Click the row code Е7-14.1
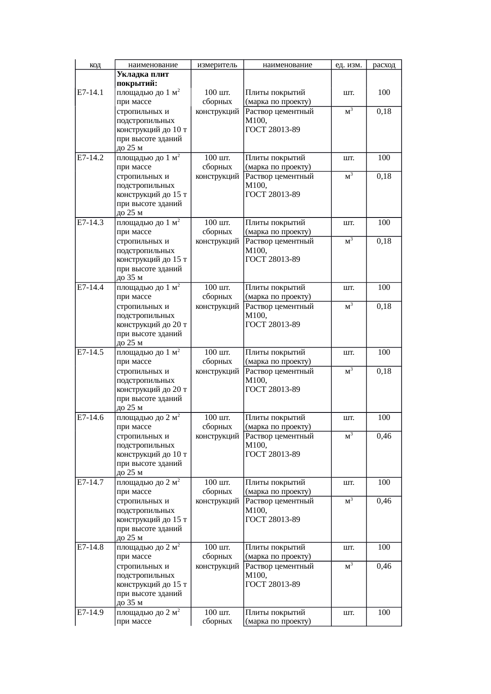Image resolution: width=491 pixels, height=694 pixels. [90, 93]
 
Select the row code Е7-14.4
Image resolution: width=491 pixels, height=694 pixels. [90, 287]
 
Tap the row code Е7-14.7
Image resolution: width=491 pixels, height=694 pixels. [90, 482]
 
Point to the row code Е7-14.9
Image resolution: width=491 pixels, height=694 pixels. [90, 613]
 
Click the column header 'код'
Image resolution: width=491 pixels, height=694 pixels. [95, 65]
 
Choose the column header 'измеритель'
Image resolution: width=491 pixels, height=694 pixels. [217, 65]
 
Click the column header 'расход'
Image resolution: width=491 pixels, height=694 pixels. [384, 65]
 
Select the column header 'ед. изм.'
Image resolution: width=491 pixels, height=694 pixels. [348, 65]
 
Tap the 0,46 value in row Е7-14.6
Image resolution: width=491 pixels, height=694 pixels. [384, 436]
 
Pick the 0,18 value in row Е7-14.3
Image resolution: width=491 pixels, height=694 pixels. [384, 241]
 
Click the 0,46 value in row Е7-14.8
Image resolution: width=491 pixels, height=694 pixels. [384, 566]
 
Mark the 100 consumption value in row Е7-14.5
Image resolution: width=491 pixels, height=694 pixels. [384, 352]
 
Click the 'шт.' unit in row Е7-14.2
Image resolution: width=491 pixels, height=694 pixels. [348, 158]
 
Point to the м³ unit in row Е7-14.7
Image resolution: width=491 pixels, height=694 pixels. [348, 501]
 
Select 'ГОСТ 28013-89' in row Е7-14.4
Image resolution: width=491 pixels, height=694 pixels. [272, 325]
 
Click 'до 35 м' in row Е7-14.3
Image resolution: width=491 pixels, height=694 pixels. [129, 278]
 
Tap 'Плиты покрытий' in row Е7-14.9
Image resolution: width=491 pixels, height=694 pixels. [275, 613]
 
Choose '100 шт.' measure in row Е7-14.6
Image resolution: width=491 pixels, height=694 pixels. [217, 418]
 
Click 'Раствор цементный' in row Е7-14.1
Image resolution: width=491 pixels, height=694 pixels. [280, 112]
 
